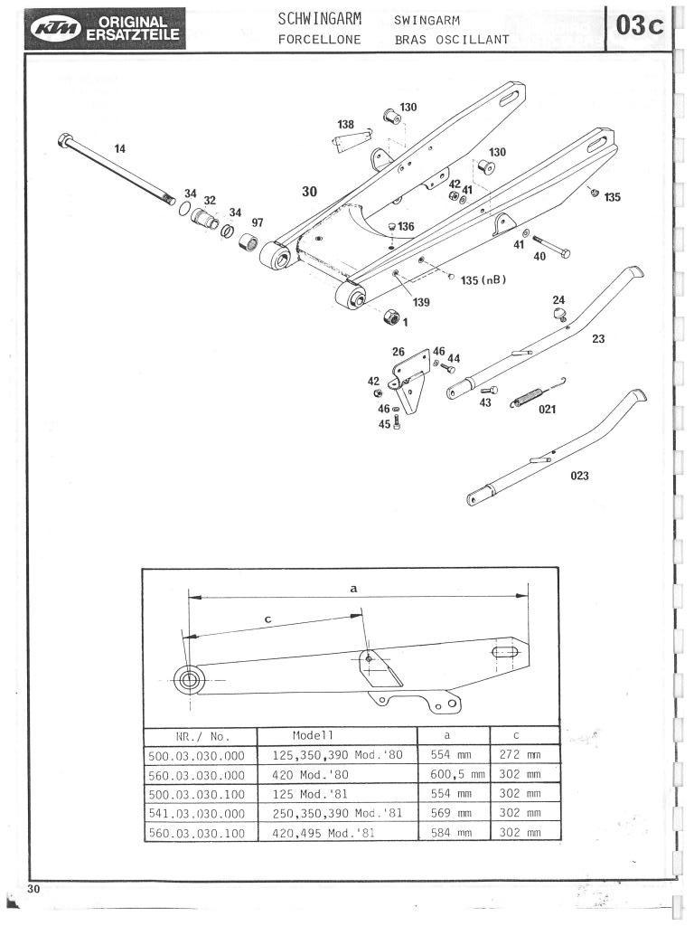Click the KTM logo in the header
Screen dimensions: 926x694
[56, 29]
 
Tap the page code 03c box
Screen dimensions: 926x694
[640, 28]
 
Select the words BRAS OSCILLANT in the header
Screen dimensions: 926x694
[452, 40]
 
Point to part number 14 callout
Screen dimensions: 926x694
[120, 147]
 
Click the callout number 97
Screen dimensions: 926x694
[258, 222]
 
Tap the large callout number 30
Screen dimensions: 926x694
[310, 192]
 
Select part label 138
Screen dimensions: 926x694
[346, 124]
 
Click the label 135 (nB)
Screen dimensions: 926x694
[483, 279]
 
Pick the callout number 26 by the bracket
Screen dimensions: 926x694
[399, 351]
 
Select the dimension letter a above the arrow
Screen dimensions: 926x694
[353, 587]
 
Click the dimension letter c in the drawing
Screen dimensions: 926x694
[268, 619]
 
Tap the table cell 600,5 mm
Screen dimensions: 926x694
[453, 774]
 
